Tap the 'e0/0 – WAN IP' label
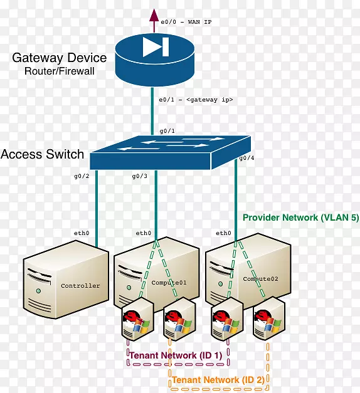pos(186,22)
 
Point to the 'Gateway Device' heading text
pos(60,58)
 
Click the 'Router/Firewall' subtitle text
pos(60,71)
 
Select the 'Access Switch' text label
pos(43,154)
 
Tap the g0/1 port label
pos(167,130)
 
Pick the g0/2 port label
pos(82,177)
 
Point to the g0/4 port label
pos(246,159)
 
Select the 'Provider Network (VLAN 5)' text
pos(300,218)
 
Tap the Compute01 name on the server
pos(169,283)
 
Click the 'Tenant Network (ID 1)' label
pos(176,355)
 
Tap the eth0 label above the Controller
pos(82,233)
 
